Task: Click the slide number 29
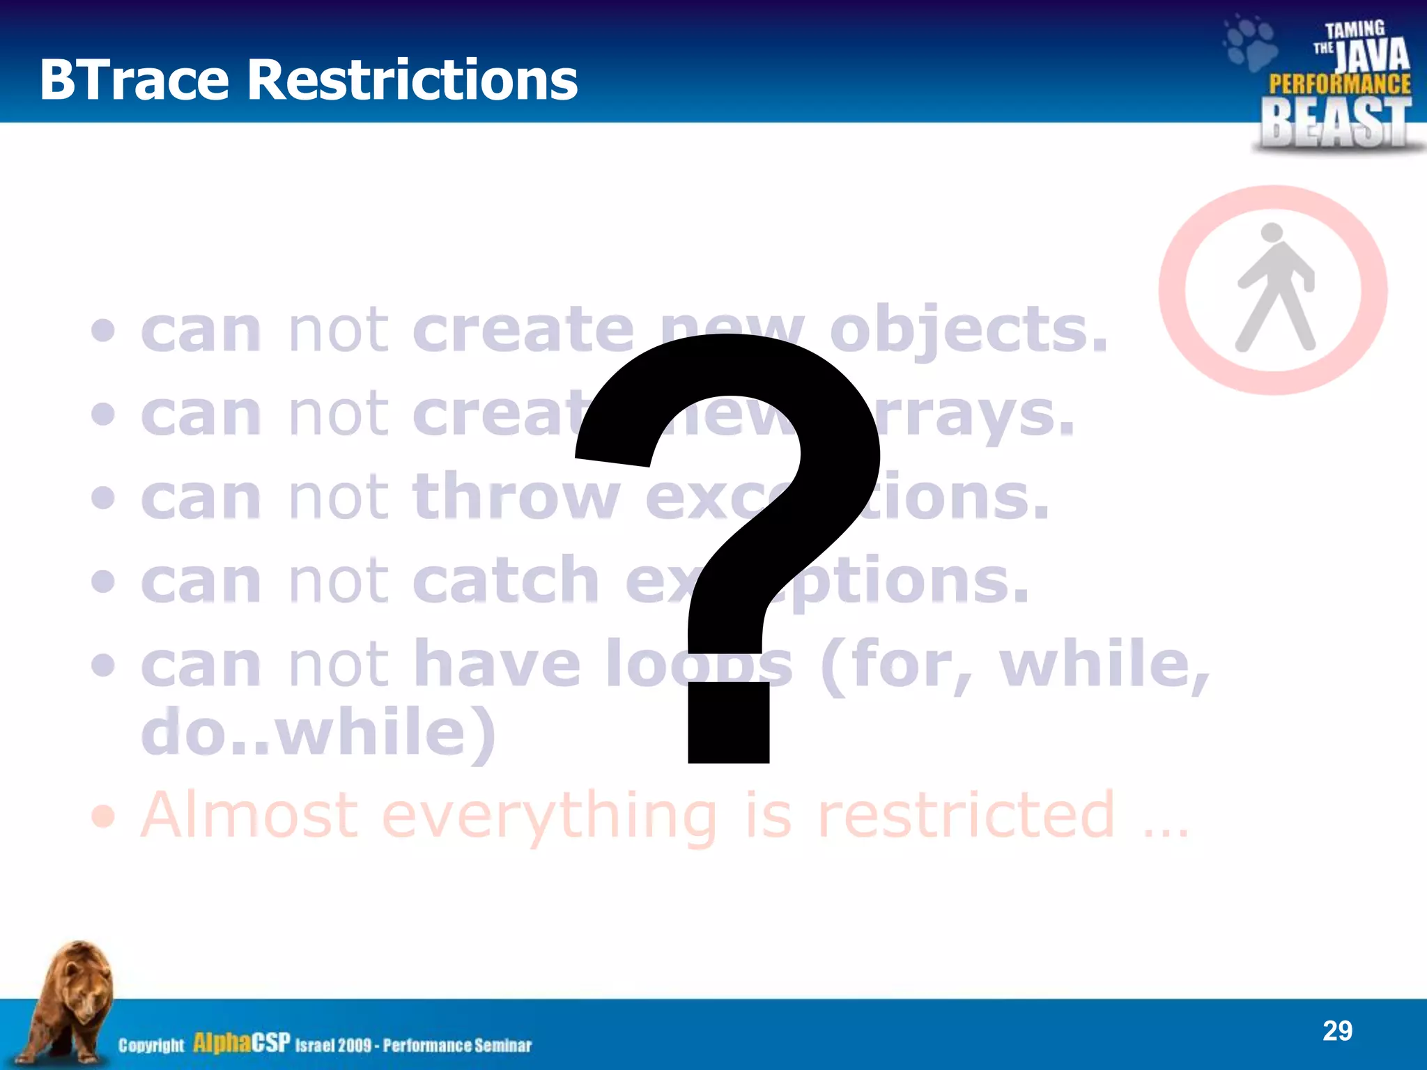tap(1337, 1030)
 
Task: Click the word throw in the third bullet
tap(516, 497)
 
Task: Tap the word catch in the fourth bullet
tap(506, 580)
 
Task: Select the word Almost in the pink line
tap(250, 814)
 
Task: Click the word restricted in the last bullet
tap(966, 814)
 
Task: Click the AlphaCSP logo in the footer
tap(241, 1043)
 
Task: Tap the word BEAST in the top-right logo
tap(1336, 122)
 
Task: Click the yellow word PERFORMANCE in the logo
tap(1339, 84)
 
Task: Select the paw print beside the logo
tap(1251, 43)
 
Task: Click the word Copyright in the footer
tap(151, 1046)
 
